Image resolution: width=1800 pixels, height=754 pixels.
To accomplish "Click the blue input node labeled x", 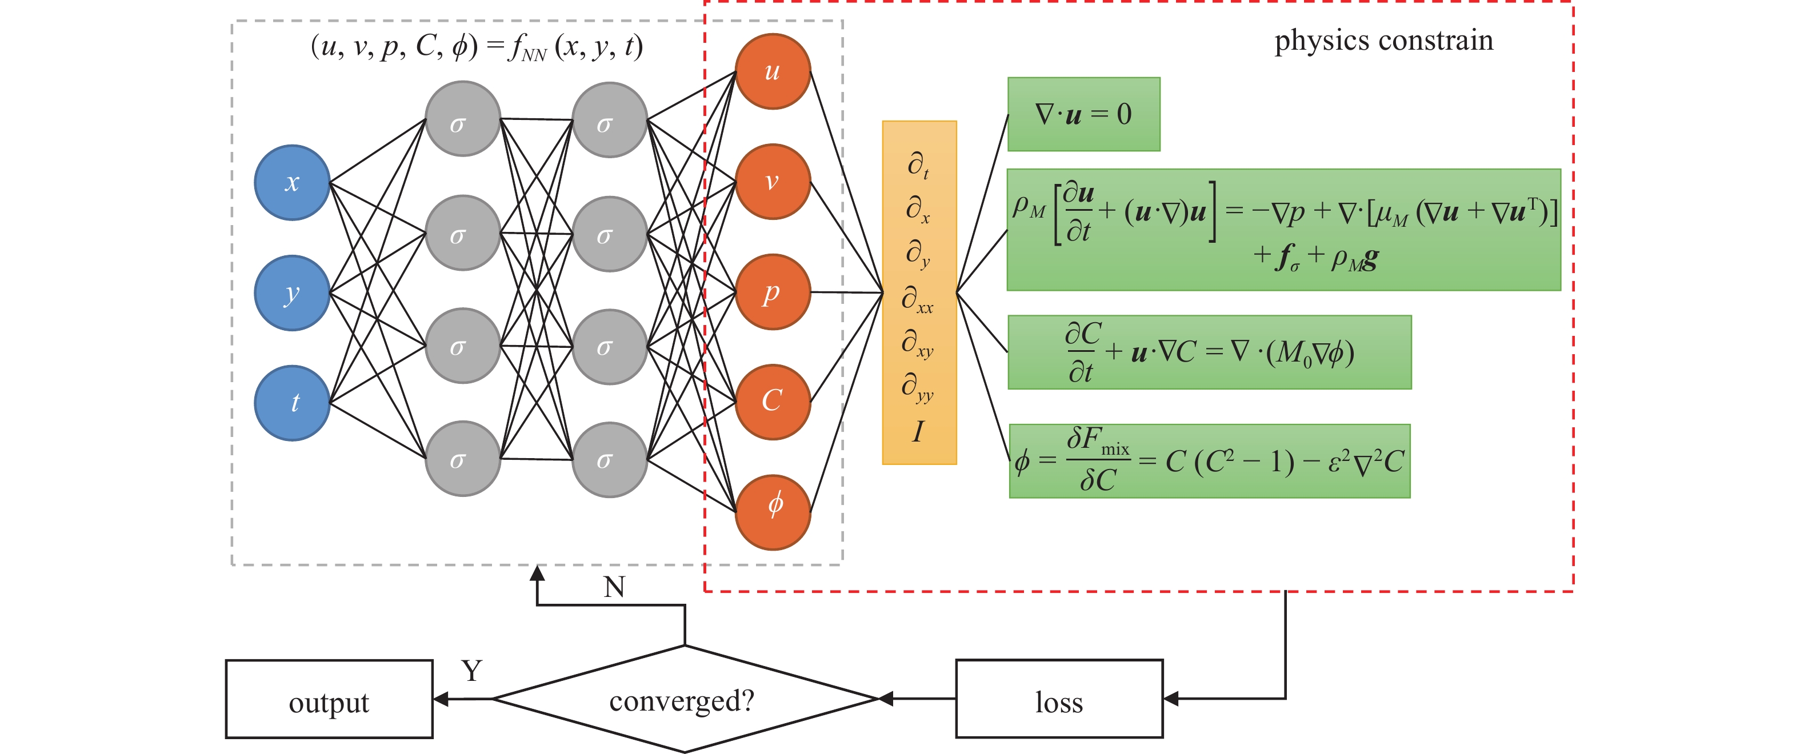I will (292, 182).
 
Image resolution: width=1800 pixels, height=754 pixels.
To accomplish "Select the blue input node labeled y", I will (292, 293).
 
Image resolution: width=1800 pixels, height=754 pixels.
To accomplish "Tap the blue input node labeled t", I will (292, 403).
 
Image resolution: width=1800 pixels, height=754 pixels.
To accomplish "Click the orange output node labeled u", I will (773, 71).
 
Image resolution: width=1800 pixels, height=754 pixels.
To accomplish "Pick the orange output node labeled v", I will (773, 182).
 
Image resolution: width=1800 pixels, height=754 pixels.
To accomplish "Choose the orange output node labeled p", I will (773, 292).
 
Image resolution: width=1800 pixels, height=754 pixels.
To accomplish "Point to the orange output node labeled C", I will (773, 402).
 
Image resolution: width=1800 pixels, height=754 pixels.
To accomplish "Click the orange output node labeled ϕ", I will (773, 512).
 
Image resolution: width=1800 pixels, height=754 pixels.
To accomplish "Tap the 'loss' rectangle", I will (1059, 699).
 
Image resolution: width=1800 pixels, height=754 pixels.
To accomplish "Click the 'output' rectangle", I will (329, 699).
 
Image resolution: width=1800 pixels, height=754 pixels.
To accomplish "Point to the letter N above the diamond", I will (614, 587).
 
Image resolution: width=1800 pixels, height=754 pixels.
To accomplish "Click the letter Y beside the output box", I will (471, 671).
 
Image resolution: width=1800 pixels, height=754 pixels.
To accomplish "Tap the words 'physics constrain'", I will (1383, 40).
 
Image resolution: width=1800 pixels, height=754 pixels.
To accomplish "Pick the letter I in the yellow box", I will (918, 432).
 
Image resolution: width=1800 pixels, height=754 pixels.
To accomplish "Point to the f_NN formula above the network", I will (477, 47).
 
